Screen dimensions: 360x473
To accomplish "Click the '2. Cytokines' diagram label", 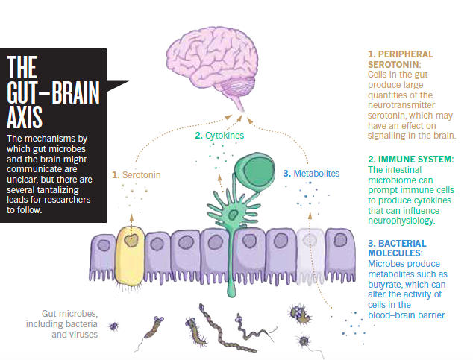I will click(219, 136).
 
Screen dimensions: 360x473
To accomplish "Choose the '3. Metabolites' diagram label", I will click(312, 174).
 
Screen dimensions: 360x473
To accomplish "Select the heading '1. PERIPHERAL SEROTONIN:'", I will click(400, 60).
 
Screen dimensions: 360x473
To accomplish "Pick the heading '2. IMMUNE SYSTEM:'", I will click(411, 160).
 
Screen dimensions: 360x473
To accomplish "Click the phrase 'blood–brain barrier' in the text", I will click(407, 315).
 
